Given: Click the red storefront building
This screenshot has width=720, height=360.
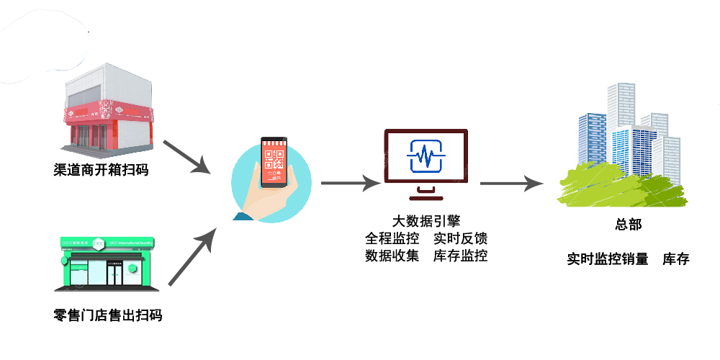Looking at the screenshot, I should [108, 115].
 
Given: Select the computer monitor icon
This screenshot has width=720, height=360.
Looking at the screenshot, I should [426, 158].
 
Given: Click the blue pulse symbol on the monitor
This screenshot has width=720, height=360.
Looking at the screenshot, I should [426, 156].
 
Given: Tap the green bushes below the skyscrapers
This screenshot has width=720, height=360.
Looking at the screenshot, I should [619, 189].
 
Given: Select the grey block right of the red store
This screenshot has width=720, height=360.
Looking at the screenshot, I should [186, 156].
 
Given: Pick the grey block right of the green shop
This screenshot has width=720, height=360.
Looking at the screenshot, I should [192, 256].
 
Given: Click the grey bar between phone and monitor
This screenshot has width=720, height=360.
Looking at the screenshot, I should [351, 183].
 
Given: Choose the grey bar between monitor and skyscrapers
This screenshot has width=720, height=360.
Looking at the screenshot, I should [512, 183].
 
